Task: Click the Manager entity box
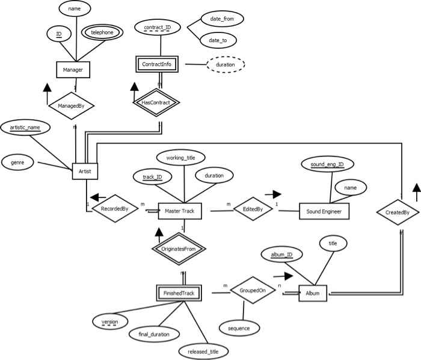point(73,70)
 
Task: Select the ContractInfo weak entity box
point(157,64)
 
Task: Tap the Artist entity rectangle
point(85,171)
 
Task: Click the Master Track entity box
point(180,211)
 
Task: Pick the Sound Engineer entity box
point(324,211)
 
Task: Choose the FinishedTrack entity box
point(179,293)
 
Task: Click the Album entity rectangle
point(313,293)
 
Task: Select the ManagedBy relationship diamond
point(71,106)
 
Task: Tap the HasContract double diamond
point(156,102)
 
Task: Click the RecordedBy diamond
point(115,208)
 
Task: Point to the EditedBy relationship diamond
point(253,209)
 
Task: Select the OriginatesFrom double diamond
point(179,249)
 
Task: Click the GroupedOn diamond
point(253,290)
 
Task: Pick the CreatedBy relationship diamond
point(398,213)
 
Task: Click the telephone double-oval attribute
point(102,33)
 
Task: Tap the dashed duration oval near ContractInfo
point(226,64)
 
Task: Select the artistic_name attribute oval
point(25,128)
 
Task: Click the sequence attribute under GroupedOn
point(239,328)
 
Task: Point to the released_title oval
point(203,352)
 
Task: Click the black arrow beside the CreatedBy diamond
point(417,193)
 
